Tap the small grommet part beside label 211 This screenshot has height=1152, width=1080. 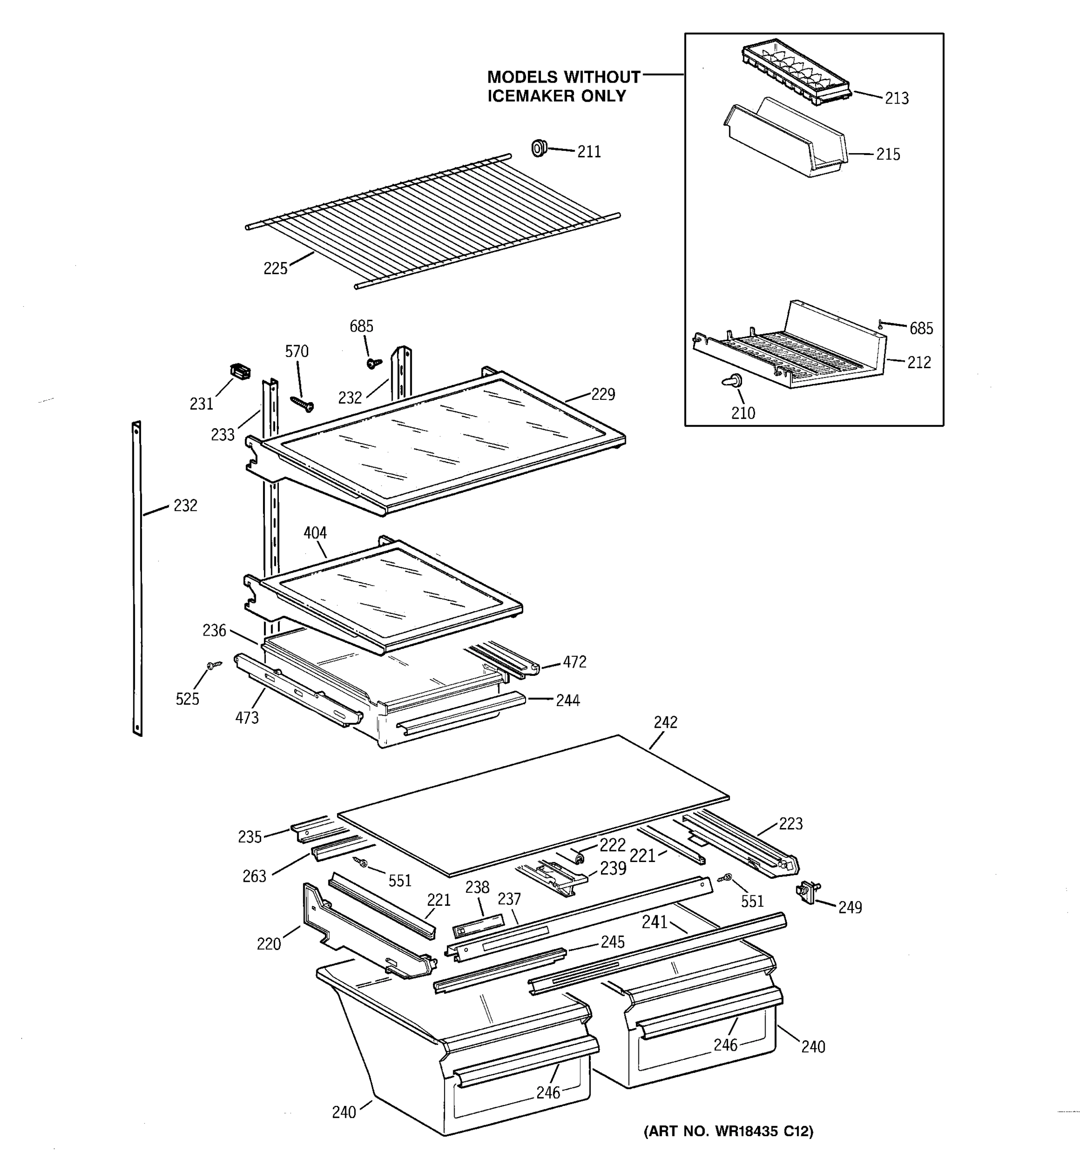tap(539, 148)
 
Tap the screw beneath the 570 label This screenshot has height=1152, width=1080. tap(302, 403)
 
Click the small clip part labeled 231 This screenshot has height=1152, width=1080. tap(240, 371)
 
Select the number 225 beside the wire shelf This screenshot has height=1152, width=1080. tap(275, 269)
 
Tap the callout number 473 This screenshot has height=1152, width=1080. tap(247, 718)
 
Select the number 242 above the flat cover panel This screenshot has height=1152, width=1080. tap(665, 722)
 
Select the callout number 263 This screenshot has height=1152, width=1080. tap(254, 876)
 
